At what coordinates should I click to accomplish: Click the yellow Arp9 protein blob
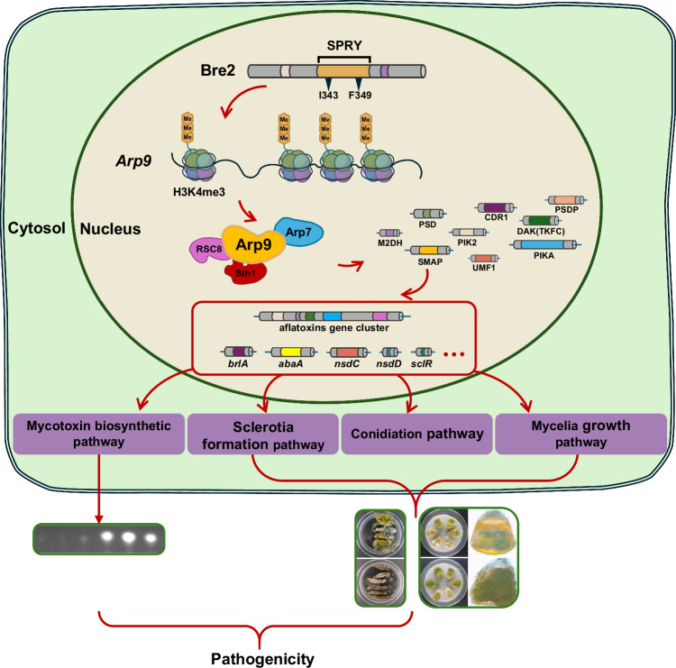point(253,244)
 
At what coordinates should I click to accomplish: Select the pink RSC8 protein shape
point(208,250)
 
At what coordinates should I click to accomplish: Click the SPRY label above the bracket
point(344,45)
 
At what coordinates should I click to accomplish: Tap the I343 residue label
point(328,95)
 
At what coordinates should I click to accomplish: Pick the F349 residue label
point(360,95)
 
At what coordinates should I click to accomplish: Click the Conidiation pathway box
point(417,434)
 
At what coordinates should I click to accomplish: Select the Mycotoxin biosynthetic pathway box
point(99,434)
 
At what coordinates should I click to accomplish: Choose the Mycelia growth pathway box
point(580,434)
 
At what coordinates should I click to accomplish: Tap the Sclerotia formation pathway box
point(263,434)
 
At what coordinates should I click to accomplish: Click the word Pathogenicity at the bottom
point(262,659)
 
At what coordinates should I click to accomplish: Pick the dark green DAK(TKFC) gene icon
point(541,220)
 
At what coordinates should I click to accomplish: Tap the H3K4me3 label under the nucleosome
point(199,192)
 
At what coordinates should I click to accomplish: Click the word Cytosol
point(37,228)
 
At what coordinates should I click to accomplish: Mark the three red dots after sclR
point(454,354)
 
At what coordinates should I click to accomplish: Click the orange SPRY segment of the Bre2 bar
point(343,71)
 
